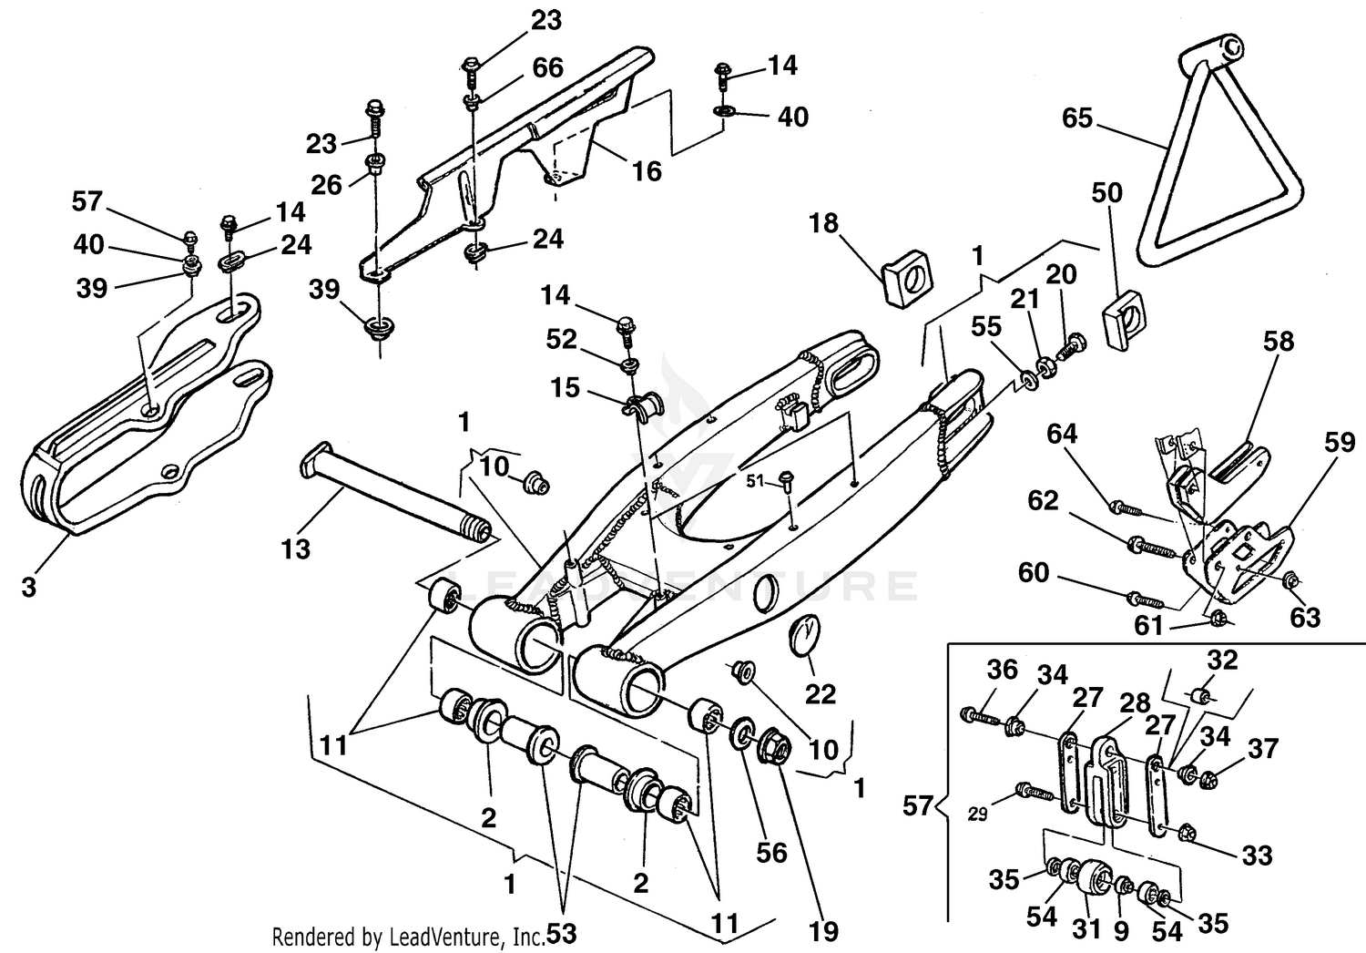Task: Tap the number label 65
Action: pyautogui.click(x=1077, y=118)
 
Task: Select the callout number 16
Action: pyautogui.click(x=647, y=170)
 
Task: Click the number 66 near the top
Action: pyautogui.click(x=546, y=67)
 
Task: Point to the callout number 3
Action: pyautogui.click(x=29, y=588)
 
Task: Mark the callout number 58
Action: pyautogui.click(x=1278, y=342)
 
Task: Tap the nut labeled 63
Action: pyautogui.click(x=1290, y=580)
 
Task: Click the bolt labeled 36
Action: pyautogui.click(x=978, y=714)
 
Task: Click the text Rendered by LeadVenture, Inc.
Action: pyautogui.click(x=409, y=936)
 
